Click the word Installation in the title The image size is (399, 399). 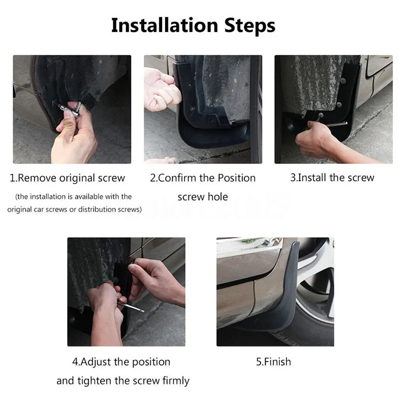(x=165, y=25)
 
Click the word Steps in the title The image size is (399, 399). (x=250, y=26)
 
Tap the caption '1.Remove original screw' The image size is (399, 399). (x=67, y=178)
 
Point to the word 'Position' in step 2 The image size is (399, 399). (x=236, y=178)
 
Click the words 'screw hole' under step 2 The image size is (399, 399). (x=203, y=197)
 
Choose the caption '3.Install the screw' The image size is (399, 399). (x=332, y=178)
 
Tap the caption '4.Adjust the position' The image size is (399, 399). (x=121, y=362)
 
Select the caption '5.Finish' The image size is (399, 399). (x=273, y=362)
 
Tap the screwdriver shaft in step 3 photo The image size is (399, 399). (x=336, y=124)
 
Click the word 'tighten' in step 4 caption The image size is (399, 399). (x=94, y=381)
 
